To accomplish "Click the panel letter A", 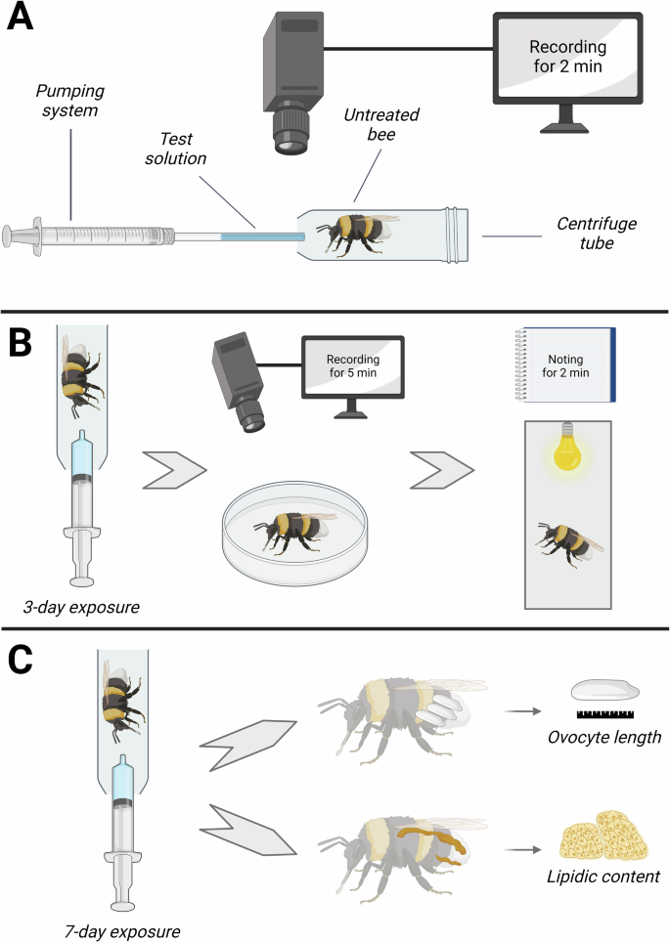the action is coord(20,17).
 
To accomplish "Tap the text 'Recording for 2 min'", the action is coord(567,56).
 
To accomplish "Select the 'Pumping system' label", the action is coord(69,101).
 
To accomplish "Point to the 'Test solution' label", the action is coord(176,149).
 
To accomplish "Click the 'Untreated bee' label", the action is coord(381,124).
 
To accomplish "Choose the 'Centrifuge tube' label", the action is coord(596,234).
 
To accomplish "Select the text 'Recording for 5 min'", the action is coord(353,365).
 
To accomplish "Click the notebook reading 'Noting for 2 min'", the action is coord(565,364).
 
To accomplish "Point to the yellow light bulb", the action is coord(567,447).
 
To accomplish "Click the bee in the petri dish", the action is coord(295,532).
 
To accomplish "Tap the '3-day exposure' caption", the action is coord(81,607).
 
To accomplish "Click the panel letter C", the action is coord(20,660).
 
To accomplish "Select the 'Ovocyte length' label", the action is coord(603,737).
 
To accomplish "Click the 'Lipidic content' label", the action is coord(603,877).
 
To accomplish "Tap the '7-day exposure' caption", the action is coord(122,931).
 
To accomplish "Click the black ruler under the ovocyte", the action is coord(605,714).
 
